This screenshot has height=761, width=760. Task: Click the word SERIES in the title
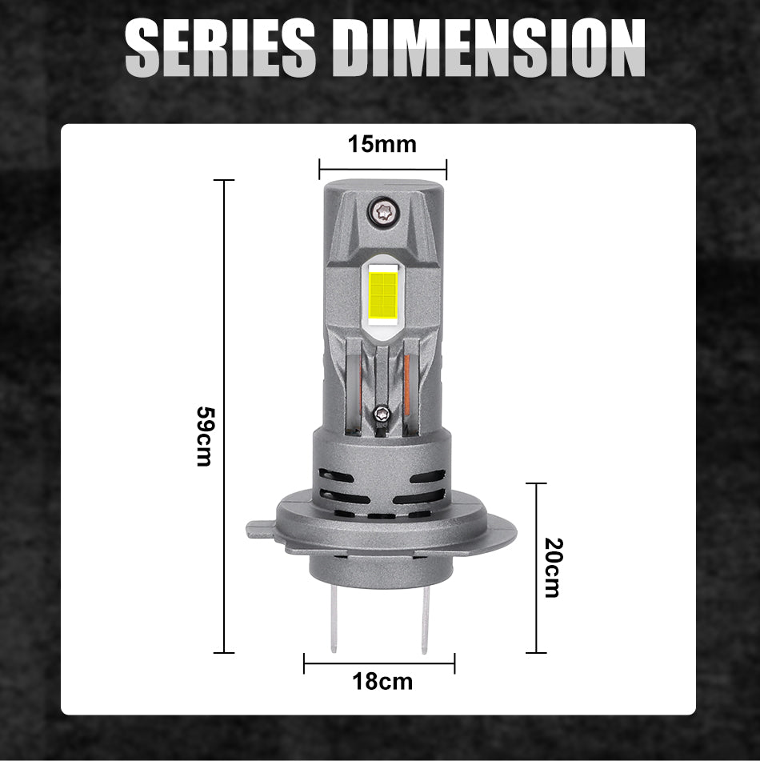tap(220, 47)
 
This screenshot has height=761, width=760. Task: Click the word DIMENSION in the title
tap(488, 47)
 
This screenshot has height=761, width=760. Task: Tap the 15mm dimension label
tap(382, 145)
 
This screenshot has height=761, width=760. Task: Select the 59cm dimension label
tap(204, 436)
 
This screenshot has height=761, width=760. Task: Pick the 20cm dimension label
tap(553, 567)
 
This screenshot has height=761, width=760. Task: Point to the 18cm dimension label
tap(382, 682)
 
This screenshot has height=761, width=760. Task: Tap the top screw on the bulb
tap(383, 211)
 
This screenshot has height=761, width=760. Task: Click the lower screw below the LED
tap(382, 415)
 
